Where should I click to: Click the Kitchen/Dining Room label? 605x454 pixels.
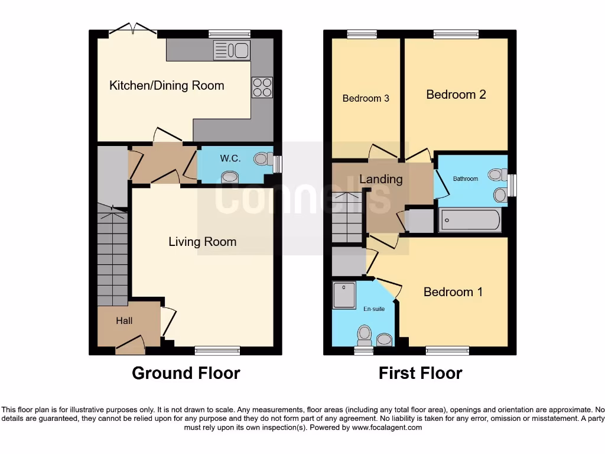[x=167, y=86]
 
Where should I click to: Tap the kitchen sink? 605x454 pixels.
[x=232, y=51]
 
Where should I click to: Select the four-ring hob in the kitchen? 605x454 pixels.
[x=262, y=87]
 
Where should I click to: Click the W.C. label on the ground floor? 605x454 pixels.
[x=229, y=158]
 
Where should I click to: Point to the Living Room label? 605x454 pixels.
[x=202, y=242]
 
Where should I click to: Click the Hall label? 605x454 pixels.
[x=124, y=321]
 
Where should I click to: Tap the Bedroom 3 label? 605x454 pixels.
[x=366, y=98]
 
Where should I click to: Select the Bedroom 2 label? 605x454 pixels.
[x=456, y=95]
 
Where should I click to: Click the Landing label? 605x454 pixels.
[x=380, y=179]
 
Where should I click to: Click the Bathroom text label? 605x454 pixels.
[x=465, y=179]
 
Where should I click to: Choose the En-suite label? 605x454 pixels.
[x=373, y=308]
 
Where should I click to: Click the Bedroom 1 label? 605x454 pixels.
[x=453, y=292]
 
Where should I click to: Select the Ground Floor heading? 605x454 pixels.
[x=186, y=374]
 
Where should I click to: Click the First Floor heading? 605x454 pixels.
[x=420, y=374]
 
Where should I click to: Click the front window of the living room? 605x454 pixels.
[x=217, y=351]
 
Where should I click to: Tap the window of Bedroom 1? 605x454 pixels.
[x=447, y=351]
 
